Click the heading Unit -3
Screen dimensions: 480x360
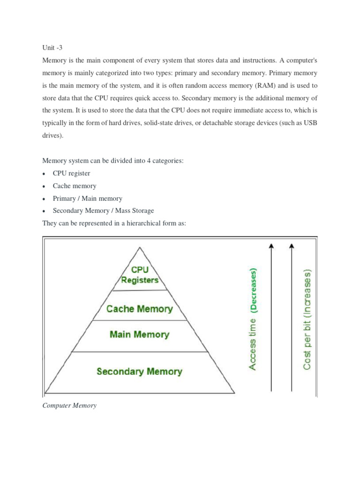[x=52, y=48]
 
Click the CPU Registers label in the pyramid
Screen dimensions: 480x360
[x=140, y=275]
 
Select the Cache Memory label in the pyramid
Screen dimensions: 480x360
[x=140, y=309]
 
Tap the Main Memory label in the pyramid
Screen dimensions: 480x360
[x=139, y=335]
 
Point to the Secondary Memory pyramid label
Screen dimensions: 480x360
[x=139, y=372]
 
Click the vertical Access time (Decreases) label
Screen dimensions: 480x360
[x=253, y=319]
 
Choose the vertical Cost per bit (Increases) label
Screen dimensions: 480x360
[x=307, y=319]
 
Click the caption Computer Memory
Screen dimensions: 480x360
[x=69, y=405]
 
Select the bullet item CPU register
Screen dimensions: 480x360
[x=71, y=173]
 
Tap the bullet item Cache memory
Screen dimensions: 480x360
[x=75, y=186]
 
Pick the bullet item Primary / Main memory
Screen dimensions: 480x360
[x=88, y=198]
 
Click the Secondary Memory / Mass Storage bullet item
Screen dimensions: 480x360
[x=103, y=211]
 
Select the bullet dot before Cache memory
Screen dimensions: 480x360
[x=44, y=187]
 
